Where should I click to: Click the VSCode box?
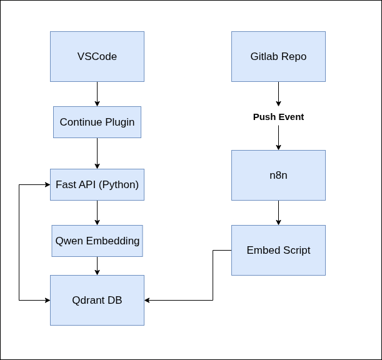point(97,56)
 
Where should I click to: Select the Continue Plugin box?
point(97,122)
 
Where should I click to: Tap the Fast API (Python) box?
point(97,184)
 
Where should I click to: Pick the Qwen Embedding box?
point(97,241)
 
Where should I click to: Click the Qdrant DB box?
point(97,300)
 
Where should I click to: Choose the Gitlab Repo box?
point(278,56)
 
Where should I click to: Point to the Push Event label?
point(278,117)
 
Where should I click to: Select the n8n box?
point(278,175)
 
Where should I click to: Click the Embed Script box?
point(278,250)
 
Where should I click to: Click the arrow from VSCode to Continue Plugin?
point(97,94)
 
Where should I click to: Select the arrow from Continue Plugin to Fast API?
point(97,153)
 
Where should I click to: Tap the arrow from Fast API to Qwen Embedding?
point(97,212)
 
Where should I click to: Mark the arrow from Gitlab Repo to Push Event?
point(278,94)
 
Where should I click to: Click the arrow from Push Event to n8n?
point(278,137)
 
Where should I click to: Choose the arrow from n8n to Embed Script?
point(278,212)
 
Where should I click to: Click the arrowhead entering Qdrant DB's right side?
point(148,300)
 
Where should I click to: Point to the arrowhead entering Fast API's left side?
point(47,184)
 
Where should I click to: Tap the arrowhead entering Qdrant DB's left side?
point(47,300)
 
